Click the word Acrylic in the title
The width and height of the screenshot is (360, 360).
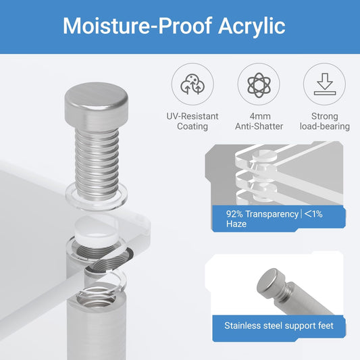pyautogui.click(x=252, y=26)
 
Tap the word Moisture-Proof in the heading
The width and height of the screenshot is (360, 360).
pyautogui.click(x=137, y=26)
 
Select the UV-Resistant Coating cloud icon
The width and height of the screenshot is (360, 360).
pyautogui.click(x=192, y=84)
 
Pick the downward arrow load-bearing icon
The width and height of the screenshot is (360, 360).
pyautogui.click(x=325, y=84)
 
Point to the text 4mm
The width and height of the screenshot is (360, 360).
pyautogui.click(x=260, y=116)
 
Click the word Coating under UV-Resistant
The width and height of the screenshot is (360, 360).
pyautogui.click(x=192, y=126)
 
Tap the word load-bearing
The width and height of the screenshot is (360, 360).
pyautogui.click(x=325, y=126)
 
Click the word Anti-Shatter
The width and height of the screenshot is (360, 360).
pyautogui.click(x=259, y=126)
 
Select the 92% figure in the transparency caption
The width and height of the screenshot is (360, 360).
pyautogui.click(x=234, y=214)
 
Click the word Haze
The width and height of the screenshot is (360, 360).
pyautogui.click(x=236, y=224)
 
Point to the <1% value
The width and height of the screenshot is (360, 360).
pyautogui.click(x=313, y=214)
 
